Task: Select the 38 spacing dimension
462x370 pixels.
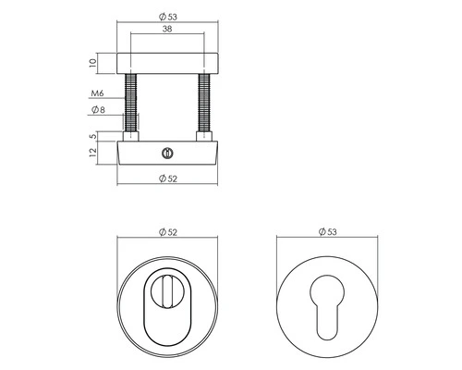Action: [167, 29]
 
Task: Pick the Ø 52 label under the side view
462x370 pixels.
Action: [167, 177]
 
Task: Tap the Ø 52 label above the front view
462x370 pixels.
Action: [166, 231]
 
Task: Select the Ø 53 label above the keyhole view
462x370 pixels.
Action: [324, 231]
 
